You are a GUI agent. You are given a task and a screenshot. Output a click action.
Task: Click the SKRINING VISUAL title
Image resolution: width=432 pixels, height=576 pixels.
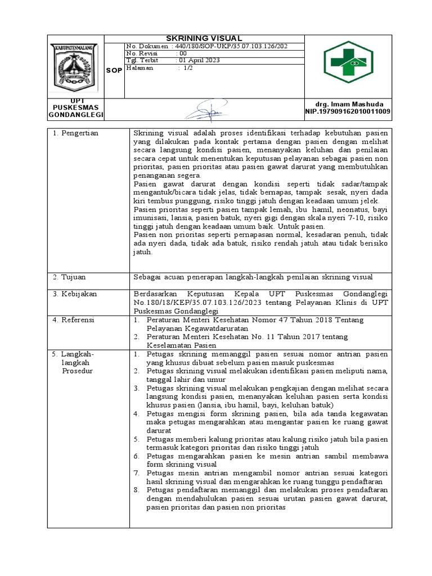coord(204,38)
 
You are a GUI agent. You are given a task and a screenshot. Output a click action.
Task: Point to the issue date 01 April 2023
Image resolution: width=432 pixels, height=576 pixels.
coord(199,61)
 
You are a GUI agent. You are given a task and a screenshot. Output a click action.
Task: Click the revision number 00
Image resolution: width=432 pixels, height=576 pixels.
coord(182,53)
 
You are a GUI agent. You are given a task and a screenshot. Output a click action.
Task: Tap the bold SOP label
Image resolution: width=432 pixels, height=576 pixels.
coord(114,71)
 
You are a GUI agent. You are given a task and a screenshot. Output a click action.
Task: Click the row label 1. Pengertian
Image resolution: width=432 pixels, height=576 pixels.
coord(75,133)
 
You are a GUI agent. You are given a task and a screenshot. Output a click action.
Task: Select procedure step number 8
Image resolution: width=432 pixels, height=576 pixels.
coord(136,490)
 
